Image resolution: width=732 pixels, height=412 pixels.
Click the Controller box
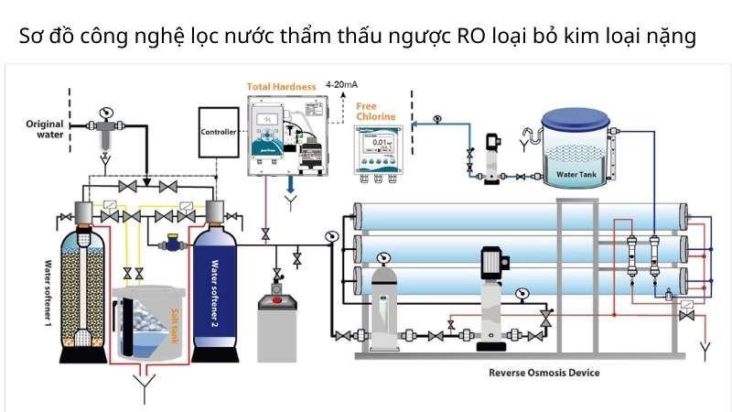pyautogui.click(x=218, y=132)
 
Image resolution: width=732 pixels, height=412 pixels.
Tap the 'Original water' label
pyautogui.click(x=45, y=129)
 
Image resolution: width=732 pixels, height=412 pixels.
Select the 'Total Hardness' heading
pyautogui.click(x=283, y=87)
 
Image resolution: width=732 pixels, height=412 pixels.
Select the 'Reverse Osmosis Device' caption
pyautogui.click(x=544, y=373)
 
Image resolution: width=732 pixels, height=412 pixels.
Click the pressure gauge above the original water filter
pyautogui.click(x=103, y=113)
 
